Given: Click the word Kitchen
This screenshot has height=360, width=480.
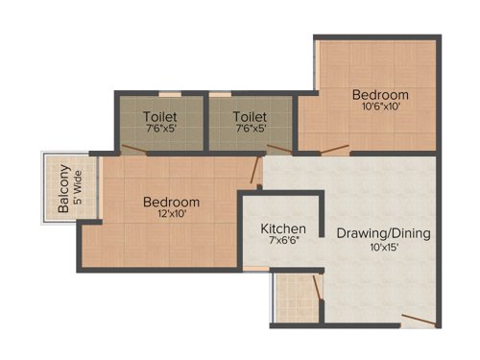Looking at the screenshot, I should point(284,228).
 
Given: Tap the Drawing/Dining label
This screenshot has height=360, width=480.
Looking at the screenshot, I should point(383,233).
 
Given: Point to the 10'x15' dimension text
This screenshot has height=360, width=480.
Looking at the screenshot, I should point(383,247).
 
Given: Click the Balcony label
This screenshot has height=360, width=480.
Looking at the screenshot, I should point(63,189).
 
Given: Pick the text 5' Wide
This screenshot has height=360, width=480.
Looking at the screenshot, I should point(79,189).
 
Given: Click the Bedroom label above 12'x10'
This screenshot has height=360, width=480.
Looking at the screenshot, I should point(171,203).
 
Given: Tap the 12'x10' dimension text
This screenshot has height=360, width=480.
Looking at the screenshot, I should point(171,215).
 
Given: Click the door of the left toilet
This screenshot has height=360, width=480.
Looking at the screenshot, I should point(134,150).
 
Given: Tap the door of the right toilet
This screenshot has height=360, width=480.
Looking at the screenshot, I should point(279,149).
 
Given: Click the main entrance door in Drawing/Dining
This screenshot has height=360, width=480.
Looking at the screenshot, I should point(417,320).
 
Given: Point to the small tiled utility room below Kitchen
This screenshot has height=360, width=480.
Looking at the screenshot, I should point(295,298).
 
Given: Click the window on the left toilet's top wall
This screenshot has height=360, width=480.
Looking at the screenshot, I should point(170,93).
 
